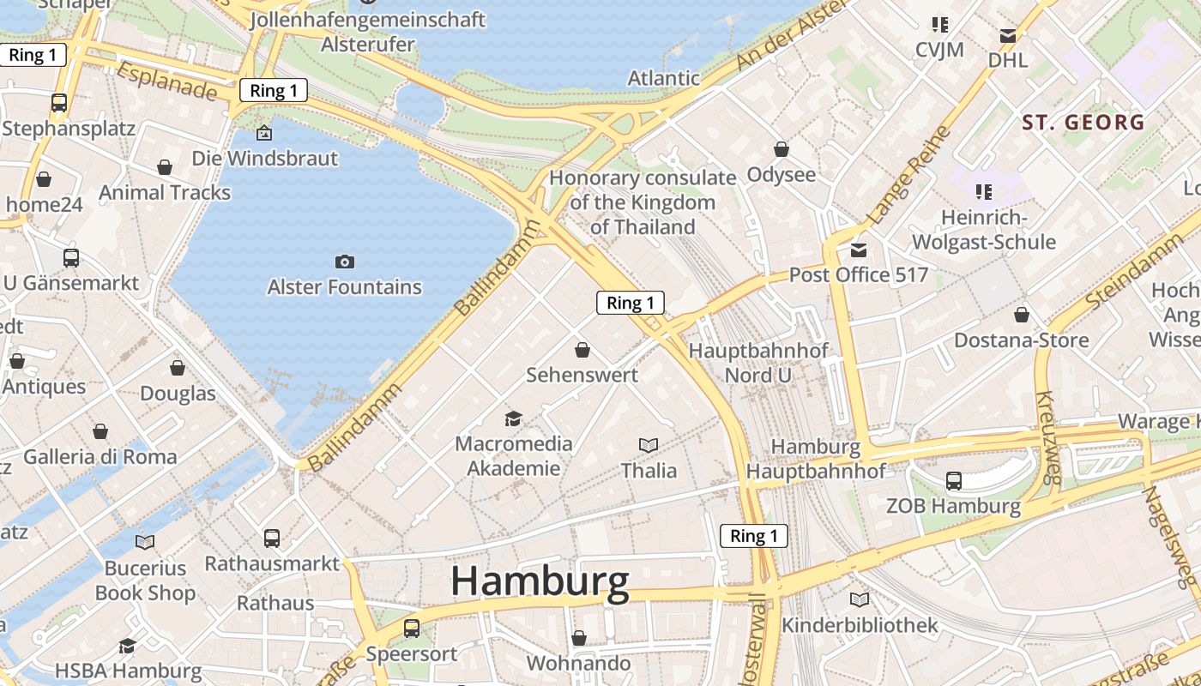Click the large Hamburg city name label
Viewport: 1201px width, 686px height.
pyautogui.click(x=540, y=581)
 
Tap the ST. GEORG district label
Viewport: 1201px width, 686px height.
pyautogui.click(x=1083, y=123)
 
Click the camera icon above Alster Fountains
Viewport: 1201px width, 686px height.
pyautogui.click(x=345, y=262)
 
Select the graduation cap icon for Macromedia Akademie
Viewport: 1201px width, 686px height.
pyautogui.click(x=513, y=418)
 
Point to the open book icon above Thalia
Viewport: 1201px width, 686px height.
pyautogui.click(x=649, y=445)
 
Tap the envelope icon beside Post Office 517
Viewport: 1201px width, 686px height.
pyautogui.click(x=858, y=250)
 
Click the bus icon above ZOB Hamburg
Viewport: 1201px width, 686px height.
pyautogui.click(x=953, y=480)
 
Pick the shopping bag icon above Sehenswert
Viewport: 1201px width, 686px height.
pyautogui.click(x=582, y=350)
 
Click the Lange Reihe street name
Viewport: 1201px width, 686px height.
pyautogui.click(x=909, y=176)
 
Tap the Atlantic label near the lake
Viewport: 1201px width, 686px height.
pyautogui.click(x=663, y=78)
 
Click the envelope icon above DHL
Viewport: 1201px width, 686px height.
pyautogui.click(x=1008, y=36)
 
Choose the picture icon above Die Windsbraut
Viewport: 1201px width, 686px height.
pyautogui.click(x=264, y=133)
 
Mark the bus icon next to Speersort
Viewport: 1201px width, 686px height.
pyautogui.click(x=412, y=628)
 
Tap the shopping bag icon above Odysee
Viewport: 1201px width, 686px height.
pyautogui.click(x=781, y=149)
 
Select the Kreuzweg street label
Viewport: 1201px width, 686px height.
pyautogui.click(x=1049, y=437)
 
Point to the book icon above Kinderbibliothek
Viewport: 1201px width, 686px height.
pyautogui.click(x=859, y=599)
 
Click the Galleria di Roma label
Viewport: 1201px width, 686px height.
pyautogui.click(x=100, y=456)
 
